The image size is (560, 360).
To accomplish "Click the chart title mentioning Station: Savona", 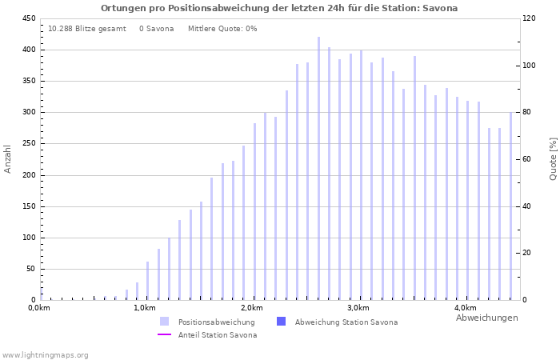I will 279,8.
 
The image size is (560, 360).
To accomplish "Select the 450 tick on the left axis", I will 28,18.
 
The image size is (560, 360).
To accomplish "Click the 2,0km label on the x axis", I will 251,308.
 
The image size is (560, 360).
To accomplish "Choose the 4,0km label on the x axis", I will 465,308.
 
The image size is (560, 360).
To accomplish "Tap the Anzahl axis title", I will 8,158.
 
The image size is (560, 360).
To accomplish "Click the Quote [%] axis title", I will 553,158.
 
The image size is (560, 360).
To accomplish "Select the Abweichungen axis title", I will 486,318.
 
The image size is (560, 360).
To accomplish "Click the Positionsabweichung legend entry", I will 216,322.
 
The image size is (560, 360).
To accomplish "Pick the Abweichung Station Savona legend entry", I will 346,322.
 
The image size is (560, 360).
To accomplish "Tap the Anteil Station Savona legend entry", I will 218,334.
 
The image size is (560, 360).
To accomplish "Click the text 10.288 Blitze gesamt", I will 86,29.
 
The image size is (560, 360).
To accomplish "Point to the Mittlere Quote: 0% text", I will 222,29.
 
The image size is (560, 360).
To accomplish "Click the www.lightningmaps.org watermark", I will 46,355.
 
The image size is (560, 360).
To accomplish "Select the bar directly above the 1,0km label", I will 147,281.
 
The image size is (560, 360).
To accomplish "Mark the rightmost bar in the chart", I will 510,206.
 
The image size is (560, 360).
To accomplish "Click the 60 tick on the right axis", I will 528,159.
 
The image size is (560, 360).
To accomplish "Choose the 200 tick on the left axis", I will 28,175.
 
